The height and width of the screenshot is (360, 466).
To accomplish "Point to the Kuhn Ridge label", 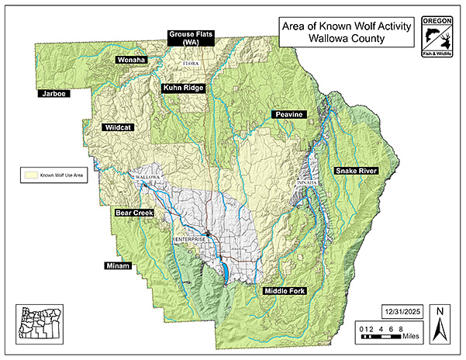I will click(184, 88).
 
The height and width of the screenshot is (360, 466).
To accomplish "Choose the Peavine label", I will click(290, 115).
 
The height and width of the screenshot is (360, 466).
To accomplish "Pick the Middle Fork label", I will click(285, 291).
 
